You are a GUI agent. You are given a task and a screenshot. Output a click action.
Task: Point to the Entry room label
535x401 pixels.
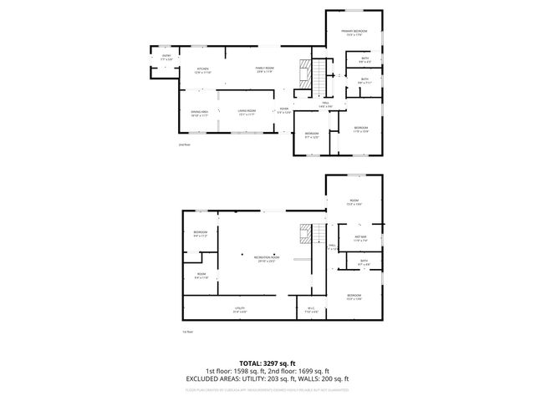click(166, 58)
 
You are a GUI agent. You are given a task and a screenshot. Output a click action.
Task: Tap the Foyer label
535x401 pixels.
click(284, 110)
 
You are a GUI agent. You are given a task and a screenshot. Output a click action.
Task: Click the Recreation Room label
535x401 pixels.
click(267, 259)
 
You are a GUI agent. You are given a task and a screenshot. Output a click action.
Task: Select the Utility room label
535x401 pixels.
click(238, 309)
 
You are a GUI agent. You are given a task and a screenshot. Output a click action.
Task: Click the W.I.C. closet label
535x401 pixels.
click(310, 310)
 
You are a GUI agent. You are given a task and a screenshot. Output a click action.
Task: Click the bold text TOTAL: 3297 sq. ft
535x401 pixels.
click(267, 363)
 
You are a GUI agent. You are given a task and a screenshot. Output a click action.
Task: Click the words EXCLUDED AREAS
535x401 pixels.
click(216, 378)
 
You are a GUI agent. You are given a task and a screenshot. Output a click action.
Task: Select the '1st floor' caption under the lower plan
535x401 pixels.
click(187, 332)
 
